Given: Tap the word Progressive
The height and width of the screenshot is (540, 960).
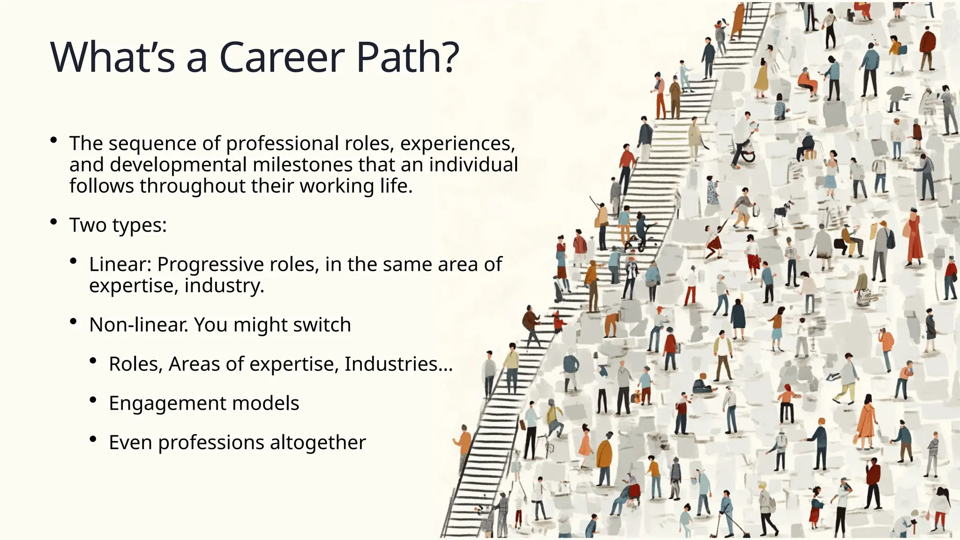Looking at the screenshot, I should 210,264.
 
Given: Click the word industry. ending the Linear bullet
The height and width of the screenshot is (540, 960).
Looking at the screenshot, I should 224,285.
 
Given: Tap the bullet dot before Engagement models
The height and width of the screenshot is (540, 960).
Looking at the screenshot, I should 93,400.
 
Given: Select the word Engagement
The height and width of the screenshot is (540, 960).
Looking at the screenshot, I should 167,404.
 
